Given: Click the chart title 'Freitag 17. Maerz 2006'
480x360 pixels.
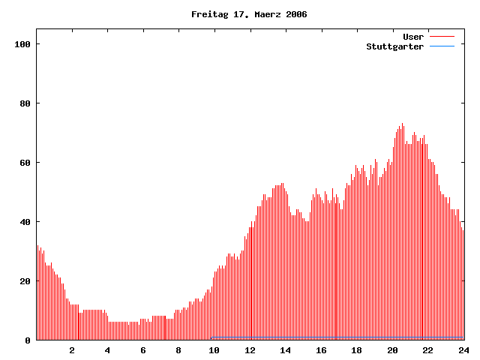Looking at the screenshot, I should click(x=249, y=14).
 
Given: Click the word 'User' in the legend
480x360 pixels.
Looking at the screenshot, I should click(x=413, y=36).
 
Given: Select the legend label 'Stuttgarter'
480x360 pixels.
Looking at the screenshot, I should click(x=394, y=46).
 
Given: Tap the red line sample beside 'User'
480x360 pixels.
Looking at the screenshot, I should click(x=442, y=36).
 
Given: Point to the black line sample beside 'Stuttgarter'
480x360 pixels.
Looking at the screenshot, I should click(x=442, y=46).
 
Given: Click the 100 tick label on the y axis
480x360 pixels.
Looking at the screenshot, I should click(x=22, y=44).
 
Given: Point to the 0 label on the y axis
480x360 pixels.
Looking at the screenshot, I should click(x=27, y=340).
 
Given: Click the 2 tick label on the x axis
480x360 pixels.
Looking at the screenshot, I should click(x=72, y=350).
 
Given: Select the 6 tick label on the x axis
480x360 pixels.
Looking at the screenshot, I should click(x=143, y=350).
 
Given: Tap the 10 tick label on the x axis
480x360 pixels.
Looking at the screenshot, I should click(x=214, y=350).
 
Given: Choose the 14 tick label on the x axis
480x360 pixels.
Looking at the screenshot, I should click(x=285, y=350).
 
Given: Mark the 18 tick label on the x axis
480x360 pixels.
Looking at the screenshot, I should click(x=356, y=350).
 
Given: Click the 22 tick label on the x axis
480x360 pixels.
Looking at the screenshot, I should click(x=427, y=350).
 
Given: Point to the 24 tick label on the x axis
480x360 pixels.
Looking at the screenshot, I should click(x=463, y=350).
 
